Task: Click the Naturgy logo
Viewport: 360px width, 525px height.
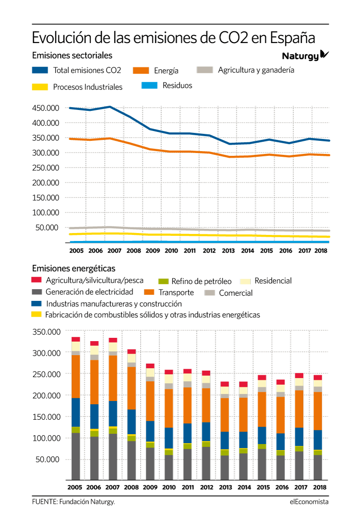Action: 305,55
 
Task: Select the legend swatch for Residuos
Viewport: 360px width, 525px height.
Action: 149,85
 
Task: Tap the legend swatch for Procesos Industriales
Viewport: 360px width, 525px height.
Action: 40,87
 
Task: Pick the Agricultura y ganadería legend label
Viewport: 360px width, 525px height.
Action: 256,70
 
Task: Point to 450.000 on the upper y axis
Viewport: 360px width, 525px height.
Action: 45,108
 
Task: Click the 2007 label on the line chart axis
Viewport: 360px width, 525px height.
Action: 114,250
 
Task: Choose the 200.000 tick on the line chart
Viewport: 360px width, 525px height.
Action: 45,182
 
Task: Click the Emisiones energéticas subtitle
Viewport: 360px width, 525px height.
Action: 73,268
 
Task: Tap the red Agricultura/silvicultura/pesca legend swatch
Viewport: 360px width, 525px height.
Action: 36,279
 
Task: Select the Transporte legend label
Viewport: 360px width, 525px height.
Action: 176,292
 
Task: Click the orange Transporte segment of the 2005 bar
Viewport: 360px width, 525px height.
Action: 76,376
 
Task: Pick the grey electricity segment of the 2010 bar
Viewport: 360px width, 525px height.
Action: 169,467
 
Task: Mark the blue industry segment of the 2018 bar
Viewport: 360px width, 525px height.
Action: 318,440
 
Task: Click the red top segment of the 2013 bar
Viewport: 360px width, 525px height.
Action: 225,384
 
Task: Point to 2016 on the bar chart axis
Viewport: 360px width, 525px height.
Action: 282,487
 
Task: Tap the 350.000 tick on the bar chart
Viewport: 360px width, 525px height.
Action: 46,332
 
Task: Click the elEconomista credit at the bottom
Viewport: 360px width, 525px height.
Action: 309,502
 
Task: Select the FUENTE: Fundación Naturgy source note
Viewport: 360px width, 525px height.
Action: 73,502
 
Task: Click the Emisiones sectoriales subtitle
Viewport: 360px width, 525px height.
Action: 72,55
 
